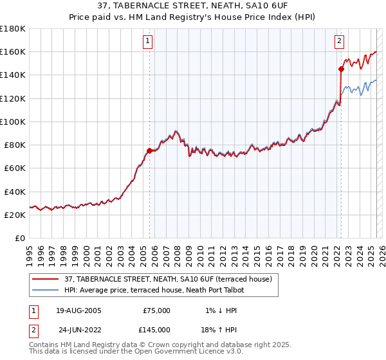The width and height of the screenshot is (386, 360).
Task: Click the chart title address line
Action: pyautogui.click(x=192, y=6)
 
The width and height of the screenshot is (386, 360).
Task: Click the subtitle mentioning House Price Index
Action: pyautogui.click(x=192, y=17)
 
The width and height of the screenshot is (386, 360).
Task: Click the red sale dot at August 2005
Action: pyautogui.click(x=149, y=150)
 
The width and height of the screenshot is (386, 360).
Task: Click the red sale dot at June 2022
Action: pyautogui.click(x=341, y=69)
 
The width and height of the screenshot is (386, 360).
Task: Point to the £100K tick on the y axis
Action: pyautogui.click(x=13, y=122)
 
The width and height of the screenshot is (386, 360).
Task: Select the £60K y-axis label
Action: pyautogui.click(x=14, y=168)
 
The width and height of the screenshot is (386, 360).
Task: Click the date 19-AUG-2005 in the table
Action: pyautogui.click(x=78, y=310)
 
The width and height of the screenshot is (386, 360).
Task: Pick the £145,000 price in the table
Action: pyautogui.click(x=156, y=329)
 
